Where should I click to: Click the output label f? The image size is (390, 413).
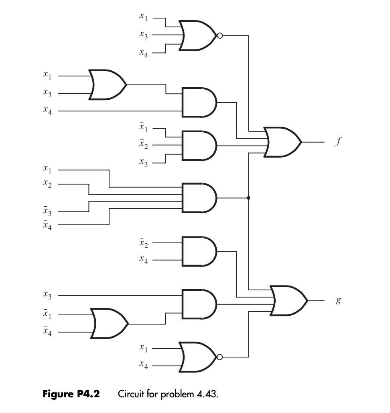pyautogui.click(x=339, y=142)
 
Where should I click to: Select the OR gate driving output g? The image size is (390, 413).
pyautogui.click(x=288, y=300)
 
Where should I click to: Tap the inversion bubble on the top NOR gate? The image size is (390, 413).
pyautogui.click(x=219, y=36)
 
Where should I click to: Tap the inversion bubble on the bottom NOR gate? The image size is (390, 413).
pyautogui.click(x=219, y=357)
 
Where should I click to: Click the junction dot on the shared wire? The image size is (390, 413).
pyautogui.click(x=249, y=198)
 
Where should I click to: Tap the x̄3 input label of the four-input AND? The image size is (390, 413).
pyautogui.click(x=48, y=211)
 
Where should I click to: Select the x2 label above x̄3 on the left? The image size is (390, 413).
pyautogui.click(x=48, y=184)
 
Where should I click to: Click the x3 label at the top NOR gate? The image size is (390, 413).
pyautogui.click(x=143, y=36)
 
